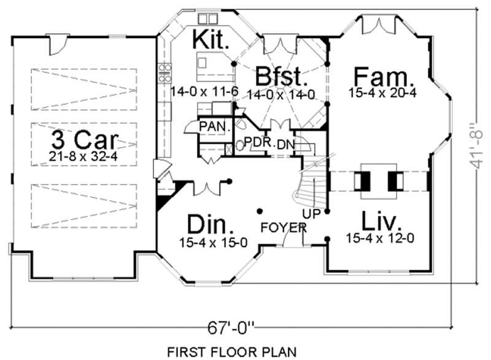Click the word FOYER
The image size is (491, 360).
(283, 228)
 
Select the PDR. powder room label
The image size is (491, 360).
(258, 142)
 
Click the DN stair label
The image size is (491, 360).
(285, 145)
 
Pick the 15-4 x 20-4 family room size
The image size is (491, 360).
(382, 93)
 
